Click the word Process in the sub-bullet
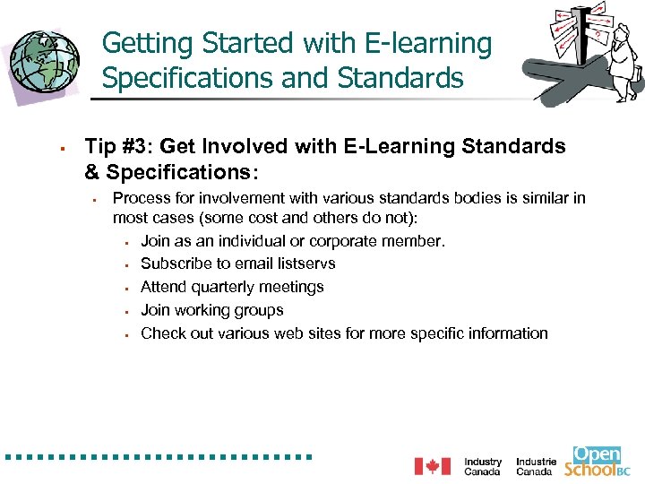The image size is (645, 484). click(139, 198)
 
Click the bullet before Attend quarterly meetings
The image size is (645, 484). click(128, 288)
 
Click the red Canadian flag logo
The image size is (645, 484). click(432, 466)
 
